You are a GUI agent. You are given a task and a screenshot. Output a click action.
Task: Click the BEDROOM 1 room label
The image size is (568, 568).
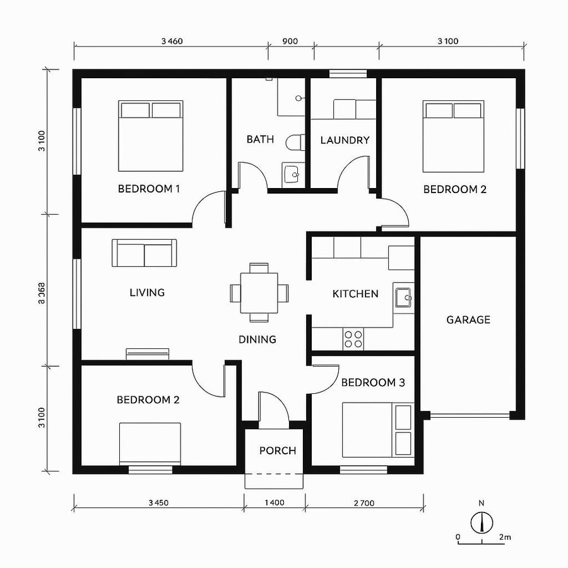click(x=150, y=189)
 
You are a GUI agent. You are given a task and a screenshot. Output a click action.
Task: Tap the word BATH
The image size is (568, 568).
click(x=260, y=139)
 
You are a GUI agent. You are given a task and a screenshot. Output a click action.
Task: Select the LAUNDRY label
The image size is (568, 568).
click(x=345, y=140)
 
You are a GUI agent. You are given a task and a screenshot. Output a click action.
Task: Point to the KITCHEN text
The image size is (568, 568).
click(x=355, y=293)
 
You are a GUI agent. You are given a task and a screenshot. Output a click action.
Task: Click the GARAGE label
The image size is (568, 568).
click(x=468, y=320)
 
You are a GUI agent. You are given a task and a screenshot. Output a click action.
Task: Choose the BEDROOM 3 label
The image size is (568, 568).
click(x=373, y=382)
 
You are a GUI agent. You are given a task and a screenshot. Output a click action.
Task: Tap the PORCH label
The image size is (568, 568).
click(x=278, y=451)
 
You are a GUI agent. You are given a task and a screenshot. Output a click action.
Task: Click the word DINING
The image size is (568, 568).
click(x=257, y=340)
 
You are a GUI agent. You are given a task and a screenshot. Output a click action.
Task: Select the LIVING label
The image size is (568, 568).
click(x=147, y=292)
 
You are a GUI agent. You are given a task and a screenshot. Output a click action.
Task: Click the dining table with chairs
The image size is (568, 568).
click(x=259, y=292)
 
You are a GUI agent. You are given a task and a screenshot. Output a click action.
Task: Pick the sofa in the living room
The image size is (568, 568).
click(x=145, y=253)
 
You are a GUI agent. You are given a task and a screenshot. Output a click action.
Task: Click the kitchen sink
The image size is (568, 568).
click(x=403, y=296)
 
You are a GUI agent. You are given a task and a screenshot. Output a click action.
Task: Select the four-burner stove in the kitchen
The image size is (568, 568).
click(x=353, y=339)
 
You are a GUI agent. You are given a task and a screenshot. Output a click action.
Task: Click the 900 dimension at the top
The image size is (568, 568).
click(x=290, y=42)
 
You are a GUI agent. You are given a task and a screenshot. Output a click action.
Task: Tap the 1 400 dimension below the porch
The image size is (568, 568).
click(x=275, y=503)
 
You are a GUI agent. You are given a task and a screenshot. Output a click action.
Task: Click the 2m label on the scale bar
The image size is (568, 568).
click(x=504, y=537)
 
